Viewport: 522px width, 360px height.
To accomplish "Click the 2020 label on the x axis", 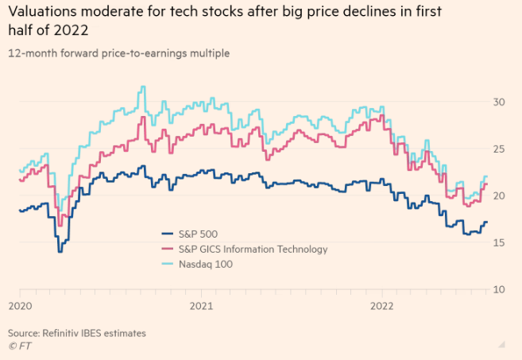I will [20, 305].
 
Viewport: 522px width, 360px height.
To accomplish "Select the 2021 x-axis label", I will [202, 305].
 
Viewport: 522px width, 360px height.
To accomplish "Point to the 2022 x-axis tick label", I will [382, 305].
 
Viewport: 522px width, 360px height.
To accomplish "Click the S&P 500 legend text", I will [196, 234].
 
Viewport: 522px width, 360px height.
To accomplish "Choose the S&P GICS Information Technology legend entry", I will [252, 249].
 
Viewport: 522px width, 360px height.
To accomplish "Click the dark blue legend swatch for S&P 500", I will [167, 234].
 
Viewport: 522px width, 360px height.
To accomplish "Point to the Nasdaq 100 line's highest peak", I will [142, 87].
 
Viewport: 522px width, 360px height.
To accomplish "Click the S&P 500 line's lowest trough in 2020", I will [59, 251].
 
